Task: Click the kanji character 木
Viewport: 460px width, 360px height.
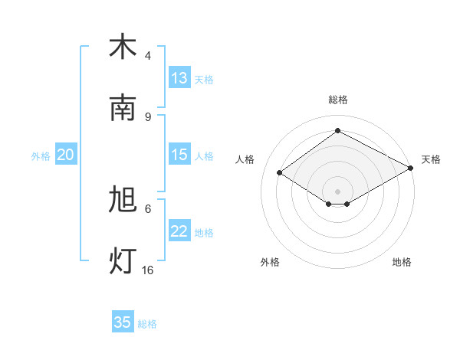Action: (123, 47)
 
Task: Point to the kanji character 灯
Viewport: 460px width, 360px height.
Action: (123, 261)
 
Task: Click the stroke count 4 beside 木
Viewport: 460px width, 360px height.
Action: (148, 56)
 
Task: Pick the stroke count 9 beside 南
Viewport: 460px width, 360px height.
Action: (148, 116)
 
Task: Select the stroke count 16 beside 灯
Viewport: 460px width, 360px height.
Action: (148, 270)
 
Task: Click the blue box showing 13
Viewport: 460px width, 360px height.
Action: (179, 78)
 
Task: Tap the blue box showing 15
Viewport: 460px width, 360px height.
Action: (179, 155)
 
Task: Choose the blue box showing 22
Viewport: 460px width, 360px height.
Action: (179, 231)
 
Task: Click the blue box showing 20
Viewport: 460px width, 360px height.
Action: (65, 155)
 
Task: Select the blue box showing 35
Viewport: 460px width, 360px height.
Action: (123, 322)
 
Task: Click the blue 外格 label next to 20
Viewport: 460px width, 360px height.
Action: (41, 155)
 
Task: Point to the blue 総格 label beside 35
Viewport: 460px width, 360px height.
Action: (147, 324)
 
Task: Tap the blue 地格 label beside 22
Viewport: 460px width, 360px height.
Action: (204, 232)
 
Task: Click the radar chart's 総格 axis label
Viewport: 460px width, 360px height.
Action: (337, 100)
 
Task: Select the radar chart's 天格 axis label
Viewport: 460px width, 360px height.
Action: (431, 159)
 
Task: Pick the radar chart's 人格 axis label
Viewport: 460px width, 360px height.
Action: (245, 159)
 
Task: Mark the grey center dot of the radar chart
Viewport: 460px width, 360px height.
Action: (337, 191)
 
